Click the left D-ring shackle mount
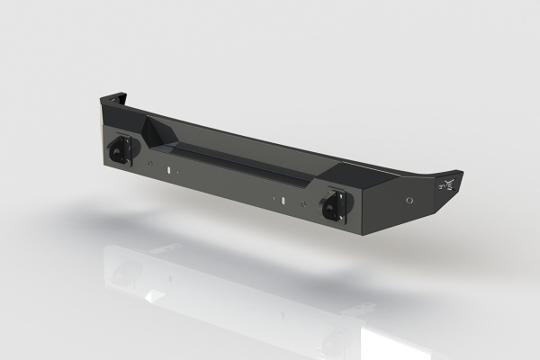pyautogui.click(x=121, y=150)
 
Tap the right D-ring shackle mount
pyautogui.click(x=333, y=206)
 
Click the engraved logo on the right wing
pyautogui.click(x=446, y=184)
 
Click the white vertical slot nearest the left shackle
pyautogui.click(x=168, y=168)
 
